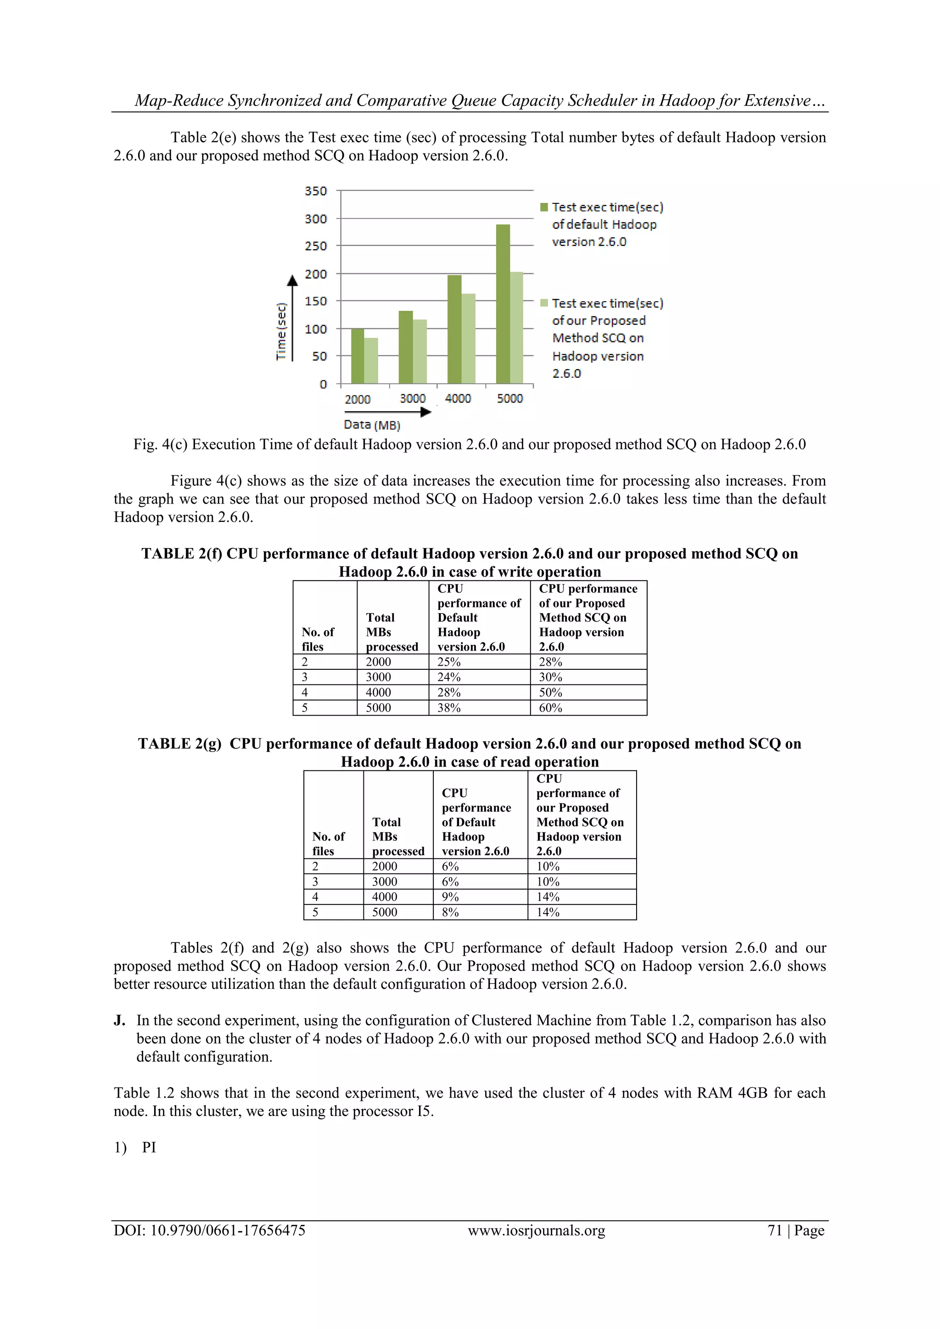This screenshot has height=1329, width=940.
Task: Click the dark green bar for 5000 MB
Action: point(503,304)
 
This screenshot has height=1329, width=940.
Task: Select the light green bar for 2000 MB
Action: point(371,361)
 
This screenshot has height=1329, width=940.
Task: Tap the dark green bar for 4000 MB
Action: point(454,329)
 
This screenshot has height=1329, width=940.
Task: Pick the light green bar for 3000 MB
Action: point(420,351)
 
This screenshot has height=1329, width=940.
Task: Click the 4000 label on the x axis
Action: point(458,398)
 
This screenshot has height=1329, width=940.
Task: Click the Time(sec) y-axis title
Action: point(281,331)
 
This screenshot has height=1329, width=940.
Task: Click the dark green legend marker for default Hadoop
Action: point(544,207)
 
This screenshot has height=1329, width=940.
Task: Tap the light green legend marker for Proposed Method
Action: point(544,303)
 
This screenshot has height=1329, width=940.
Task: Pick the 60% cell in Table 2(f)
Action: point(550,707)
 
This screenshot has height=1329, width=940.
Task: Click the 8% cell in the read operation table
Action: point(450,912)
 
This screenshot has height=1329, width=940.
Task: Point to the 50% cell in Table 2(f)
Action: point(550,692)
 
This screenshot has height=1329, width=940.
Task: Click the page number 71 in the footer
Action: point(774,1230)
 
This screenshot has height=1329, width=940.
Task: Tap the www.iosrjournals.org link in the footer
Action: point(536,1230)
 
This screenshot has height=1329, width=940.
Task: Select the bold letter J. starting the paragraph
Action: point(119,1020)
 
